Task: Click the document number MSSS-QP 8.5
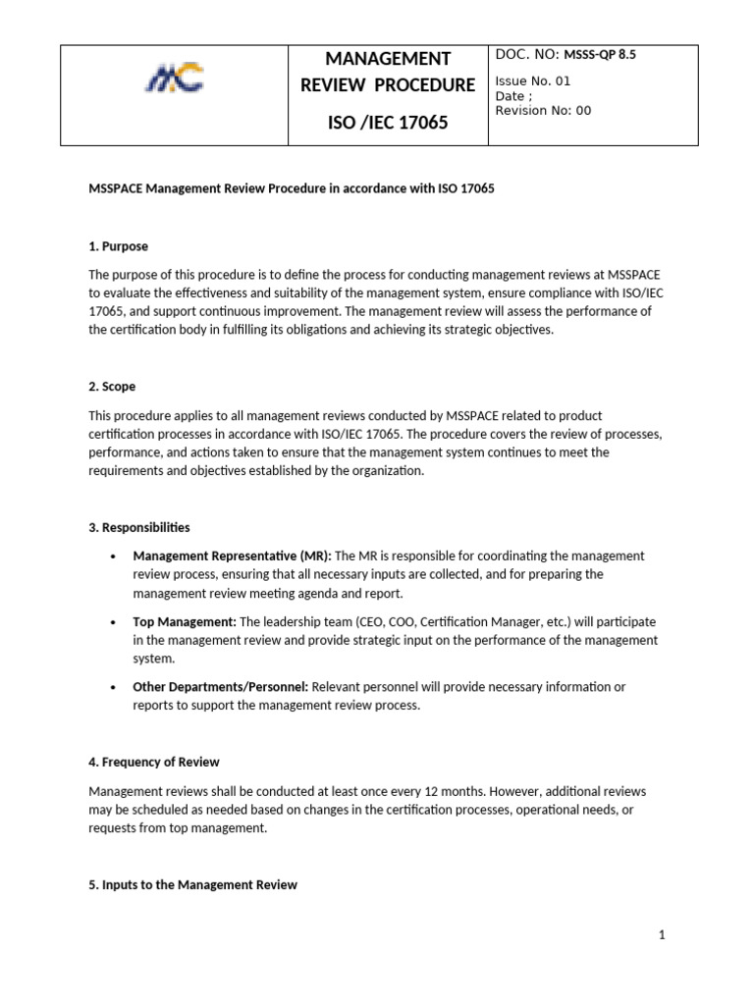(x=600, y=55)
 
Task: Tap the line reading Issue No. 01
(x=533, y=81)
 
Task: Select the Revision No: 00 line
(x=543, y=111)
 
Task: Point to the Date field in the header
(x=514, y=96)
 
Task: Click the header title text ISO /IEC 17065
(x=388, y=123)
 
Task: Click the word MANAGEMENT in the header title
(x=388, y=59)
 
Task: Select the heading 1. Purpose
(x=118, y=246)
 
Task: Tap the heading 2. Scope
(x=112, y=388)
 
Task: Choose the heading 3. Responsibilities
(x=139, y=528)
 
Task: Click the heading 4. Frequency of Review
(x=154, y=762)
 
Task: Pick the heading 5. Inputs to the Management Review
(x=192, y=884)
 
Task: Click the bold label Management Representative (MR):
(x=233, y=555)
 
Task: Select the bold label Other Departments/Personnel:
(x=221, y=687)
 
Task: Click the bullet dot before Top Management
(x=114, y=622)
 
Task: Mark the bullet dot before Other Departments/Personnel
(x=114, y=688)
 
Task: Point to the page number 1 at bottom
(x=662, y=935)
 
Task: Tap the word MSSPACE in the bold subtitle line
(x=116, y=188)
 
